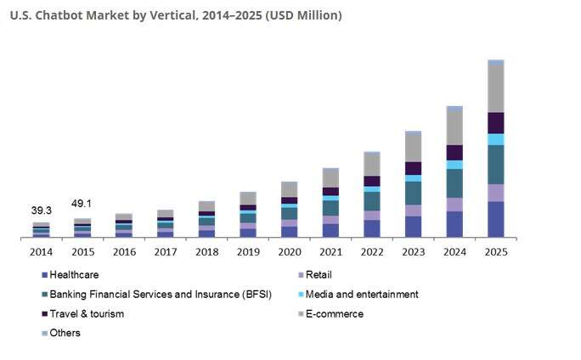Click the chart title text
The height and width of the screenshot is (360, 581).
tap(177, 15)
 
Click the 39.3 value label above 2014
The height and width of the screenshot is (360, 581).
tap(42, 210)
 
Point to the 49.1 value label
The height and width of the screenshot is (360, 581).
tap(82, 204)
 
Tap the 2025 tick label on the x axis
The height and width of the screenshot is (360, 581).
tap(496, 252)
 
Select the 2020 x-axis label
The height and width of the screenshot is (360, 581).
tap(290, 252)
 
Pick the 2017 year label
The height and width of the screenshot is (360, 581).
tap(166, 252)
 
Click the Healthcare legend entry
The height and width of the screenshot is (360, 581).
tap(74, 274)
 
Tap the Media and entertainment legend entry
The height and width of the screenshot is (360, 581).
tap(361, 294)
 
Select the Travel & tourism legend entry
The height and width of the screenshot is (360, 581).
tap(87, 313)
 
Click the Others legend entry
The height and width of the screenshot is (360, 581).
tap(65, 333)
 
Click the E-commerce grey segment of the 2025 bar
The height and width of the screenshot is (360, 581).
tap(496, 88)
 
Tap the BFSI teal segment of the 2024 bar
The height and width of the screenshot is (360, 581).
tap(454, 183)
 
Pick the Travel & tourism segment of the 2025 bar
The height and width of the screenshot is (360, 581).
tap(496, 123)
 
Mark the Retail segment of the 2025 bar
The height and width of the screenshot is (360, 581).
tap(496, 193)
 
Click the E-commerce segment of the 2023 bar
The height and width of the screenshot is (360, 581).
tap(413, 149)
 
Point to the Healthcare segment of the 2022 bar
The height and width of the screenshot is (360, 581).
tap(372, 228)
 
